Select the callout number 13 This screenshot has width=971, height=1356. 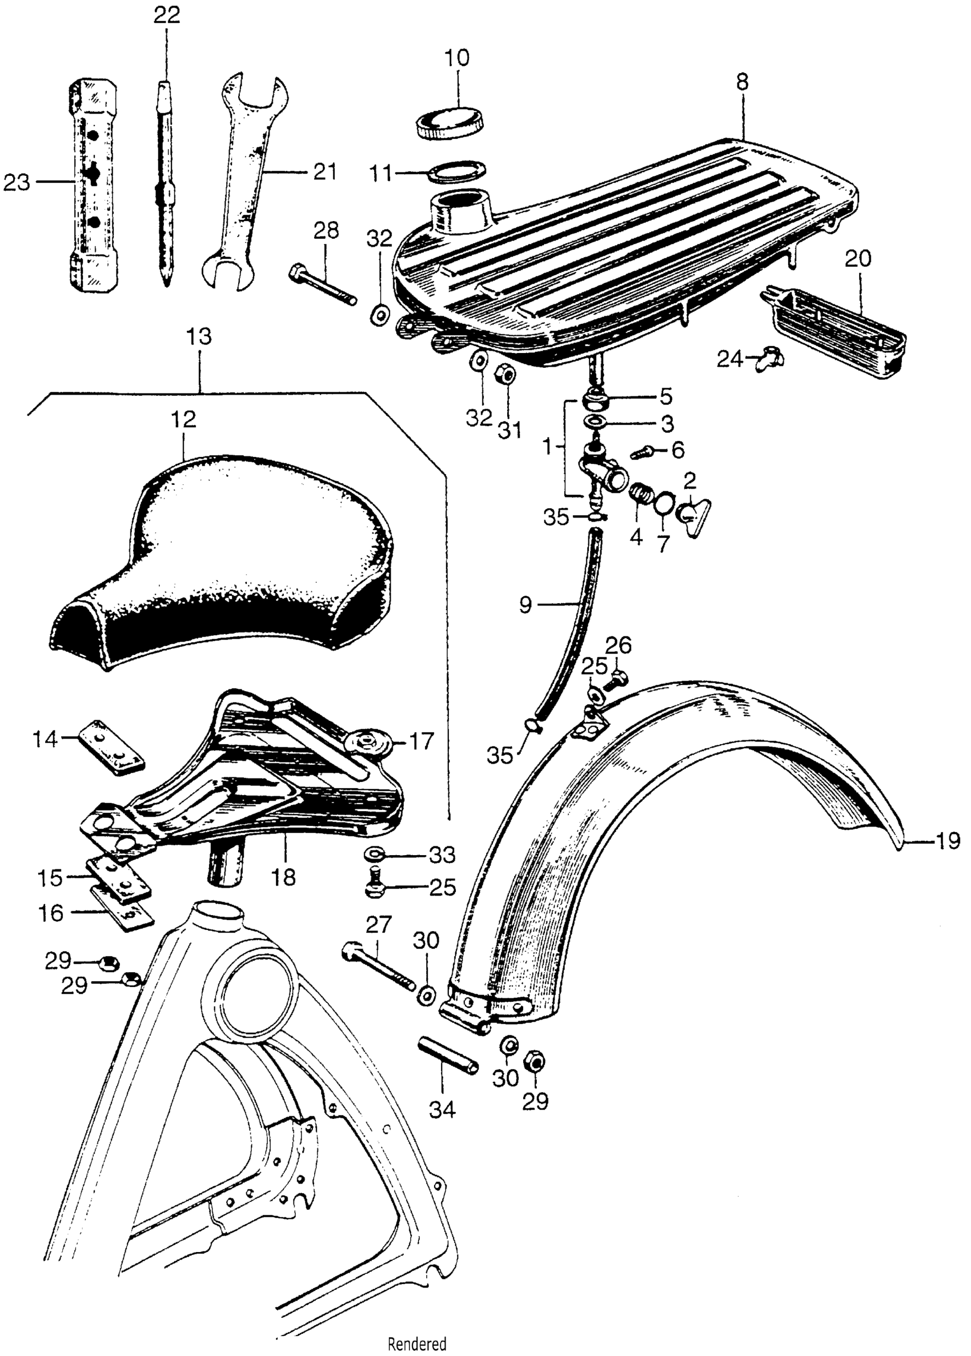coord(199,336)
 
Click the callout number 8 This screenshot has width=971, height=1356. coord(742,82)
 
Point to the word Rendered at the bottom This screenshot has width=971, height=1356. coord(417,1342)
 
